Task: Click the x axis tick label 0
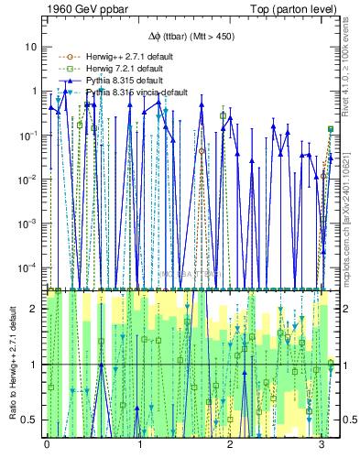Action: click(x=47, y=444)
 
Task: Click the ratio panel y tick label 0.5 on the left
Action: click(x=29, y=420)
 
